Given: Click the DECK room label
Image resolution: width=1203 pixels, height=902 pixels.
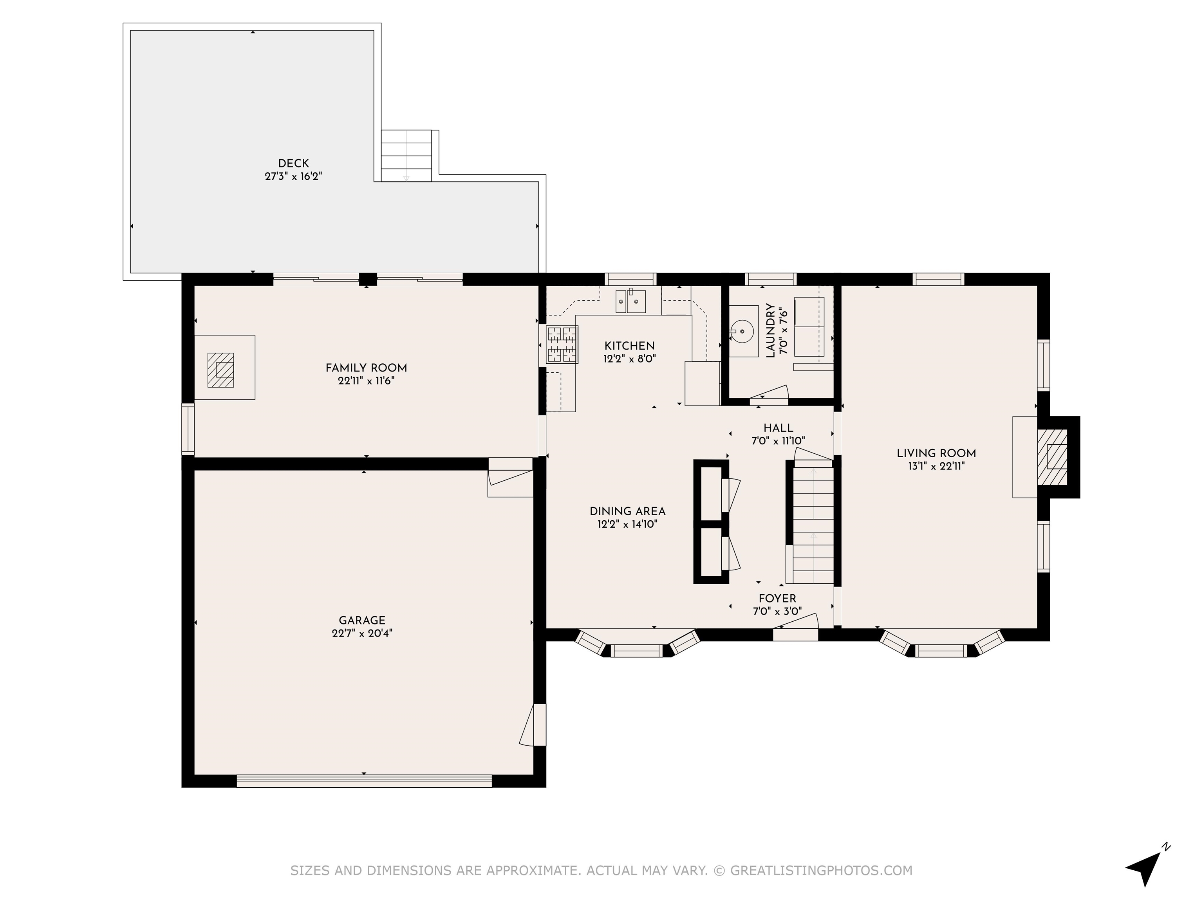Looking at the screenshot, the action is point(293,163).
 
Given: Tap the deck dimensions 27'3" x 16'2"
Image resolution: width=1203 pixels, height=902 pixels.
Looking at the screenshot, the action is point(293,176).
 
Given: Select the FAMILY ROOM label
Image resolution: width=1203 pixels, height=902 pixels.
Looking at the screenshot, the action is point(366,368).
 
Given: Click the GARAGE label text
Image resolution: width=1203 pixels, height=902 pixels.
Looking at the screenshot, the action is point(362,621).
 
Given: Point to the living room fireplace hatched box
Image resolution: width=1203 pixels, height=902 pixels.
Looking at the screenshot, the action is point(1052,457).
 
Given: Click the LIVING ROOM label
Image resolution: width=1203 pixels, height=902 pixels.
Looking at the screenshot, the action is point(936,453).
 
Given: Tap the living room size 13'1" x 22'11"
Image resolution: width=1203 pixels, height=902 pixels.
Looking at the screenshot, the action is point(936,466).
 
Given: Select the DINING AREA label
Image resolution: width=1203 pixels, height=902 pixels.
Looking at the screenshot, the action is point(628,512).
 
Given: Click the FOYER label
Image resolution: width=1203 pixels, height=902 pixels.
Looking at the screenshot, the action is point(777,599).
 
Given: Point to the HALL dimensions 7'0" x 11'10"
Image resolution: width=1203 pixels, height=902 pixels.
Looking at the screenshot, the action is point(778,441).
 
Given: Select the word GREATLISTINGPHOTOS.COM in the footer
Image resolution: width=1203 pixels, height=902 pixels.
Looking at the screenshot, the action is point(821,870).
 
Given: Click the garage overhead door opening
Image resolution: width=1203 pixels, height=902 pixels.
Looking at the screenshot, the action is point(364,781).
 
